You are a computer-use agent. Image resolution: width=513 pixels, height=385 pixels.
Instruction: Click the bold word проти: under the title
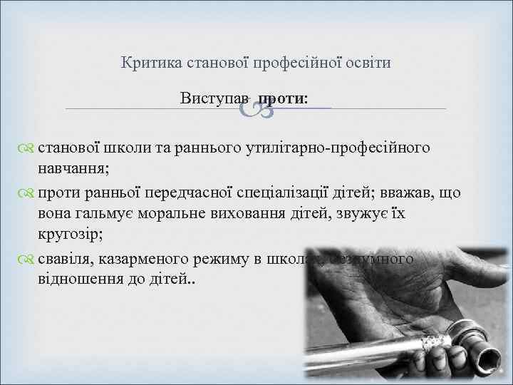coord(284,98)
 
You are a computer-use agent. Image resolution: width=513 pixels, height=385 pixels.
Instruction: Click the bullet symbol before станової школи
coord(28,148)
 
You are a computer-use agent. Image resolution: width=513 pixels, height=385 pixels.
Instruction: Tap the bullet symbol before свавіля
coord(28,259)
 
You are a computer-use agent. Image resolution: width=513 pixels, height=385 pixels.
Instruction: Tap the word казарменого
coord(155,259)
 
